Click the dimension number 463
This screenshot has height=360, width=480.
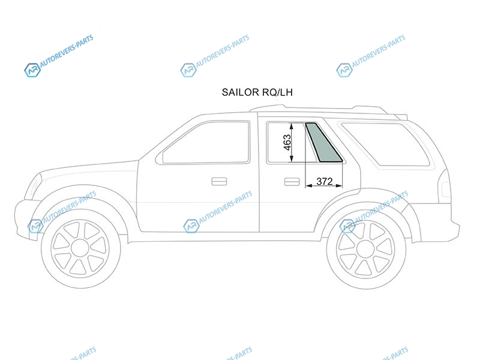287,143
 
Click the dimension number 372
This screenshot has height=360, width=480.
324,182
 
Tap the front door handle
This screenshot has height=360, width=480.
219,181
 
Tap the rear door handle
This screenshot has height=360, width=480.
292,182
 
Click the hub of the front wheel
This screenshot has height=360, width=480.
80,248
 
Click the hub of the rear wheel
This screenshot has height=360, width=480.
366,248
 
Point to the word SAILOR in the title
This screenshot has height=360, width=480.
240,92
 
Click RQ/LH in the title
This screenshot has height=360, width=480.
277,92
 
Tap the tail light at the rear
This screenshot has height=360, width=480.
445,187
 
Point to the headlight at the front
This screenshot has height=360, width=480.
33,187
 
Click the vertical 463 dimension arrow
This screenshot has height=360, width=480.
292,142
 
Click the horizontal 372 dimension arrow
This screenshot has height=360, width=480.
324,185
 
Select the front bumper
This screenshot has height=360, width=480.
26,218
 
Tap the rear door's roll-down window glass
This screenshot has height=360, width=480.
286,142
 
